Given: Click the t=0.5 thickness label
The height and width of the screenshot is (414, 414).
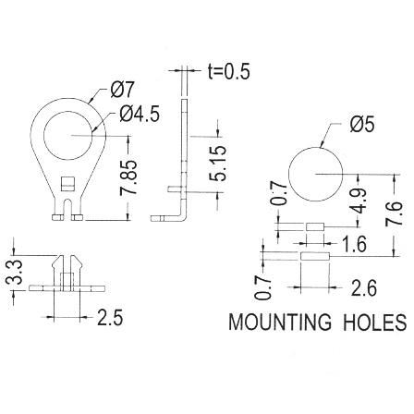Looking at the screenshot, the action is click(228, 71).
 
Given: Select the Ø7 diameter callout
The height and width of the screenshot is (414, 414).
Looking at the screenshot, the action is click(123, 90).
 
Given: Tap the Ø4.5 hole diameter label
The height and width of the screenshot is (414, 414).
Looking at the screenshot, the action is click(140, 115).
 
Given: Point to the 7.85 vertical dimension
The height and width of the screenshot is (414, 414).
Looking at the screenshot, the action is click(128, 177).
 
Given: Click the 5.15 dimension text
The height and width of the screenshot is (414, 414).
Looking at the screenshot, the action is click(218, 163).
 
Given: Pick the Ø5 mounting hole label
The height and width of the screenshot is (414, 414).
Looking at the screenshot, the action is click(362, 125).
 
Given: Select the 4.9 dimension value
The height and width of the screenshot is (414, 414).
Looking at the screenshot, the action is click(359, 201).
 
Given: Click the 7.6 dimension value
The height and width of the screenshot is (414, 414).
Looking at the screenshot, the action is click(394, 213).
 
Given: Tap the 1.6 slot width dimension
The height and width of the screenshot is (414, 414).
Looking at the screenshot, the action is click(355, 244).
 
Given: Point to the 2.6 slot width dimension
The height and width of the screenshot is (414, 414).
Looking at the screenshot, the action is click(364, 288).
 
